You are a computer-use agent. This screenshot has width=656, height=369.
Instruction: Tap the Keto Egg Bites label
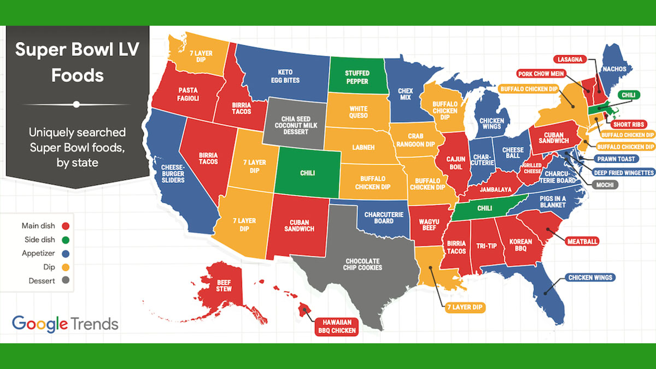[x=286, y=76]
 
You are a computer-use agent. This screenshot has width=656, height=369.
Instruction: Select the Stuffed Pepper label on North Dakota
[x=356, y=77]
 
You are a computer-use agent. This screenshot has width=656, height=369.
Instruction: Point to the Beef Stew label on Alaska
[x=224, y=285]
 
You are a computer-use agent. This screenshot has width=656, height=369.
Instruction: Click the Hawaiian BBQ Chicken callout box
[x=336, y=326]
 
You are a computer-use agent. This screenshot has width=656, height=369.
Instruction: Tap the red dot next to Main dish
[x=66, y=226]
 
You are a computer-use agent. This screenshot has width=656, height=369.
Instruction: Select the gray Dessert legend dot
[x=66, y=281]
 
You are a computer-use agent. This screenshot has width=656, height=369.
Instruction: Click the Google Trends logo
[x=65, y=324]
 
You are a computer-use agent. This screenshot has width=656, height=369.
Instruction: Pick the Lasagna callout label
[x=570, y=58]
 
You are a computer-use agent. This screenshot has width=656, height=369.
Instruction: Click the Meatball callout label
[x=583, y=241]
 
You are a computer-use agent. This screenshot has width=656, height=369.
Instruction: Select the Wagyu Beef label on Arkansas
[x=429, y=224]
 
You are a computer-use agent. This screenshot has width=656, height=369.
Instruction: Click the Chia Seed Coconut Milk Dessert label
[x=296, y=125]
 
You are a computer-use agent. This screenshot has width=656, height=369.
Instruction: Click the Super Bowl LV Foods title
[x=77, y=62]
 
